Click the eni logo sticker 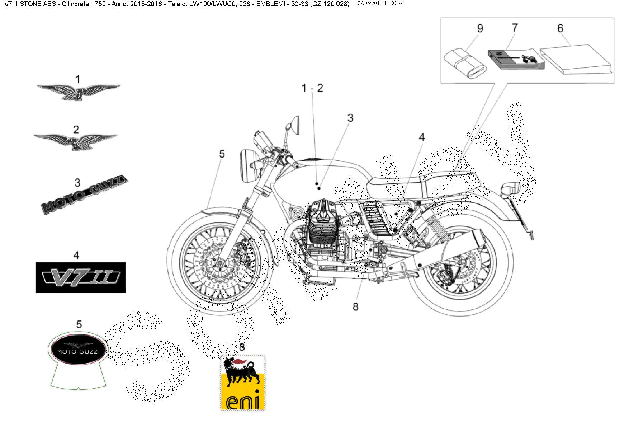tap(242, 383)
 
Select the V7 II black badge tap(81, 277)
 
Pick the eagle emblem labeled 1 tap(78, 92)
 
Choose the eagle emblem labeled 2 tap(76, 141)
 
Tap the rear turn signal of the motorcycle tap(510, 189)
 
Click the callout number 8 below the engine tap(355, 307)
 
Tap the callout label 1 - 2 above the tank tap(312, 88)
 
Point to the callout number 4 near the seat tap(421, 137)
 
